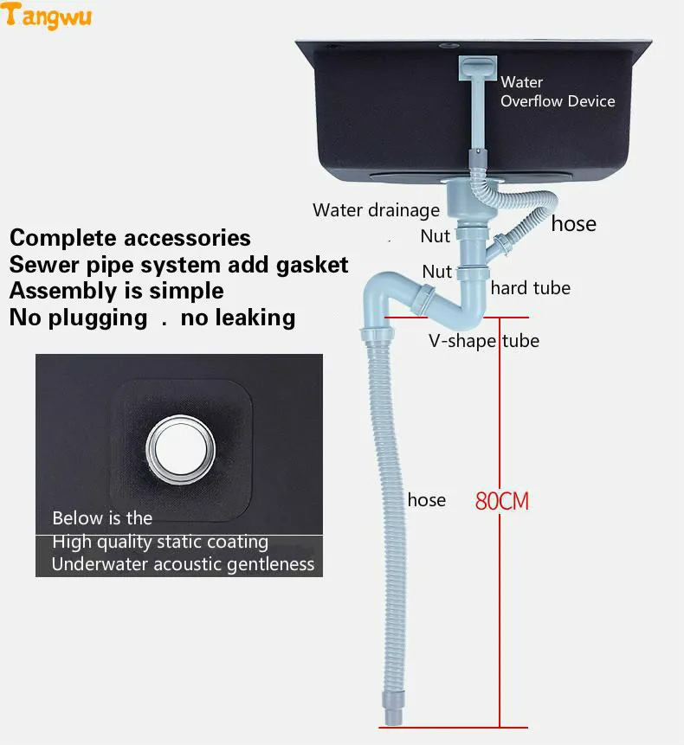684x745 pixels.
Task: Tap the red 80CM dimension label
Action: [x=501, y=500]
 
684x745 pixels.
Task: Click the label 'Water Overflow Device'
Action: [x=557, y=92]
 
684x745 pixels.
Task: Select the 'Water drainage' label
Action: [x=376, y=209]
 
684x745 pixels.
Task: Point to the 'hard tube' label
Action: [x=530, y=288]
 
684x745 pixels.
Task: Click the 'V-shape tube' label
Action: [x=484, y=340]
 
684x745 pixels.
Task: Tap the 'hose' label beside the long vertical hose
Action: [x=427, y=499]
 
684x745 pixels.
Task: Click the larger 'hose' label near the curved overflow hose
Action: [x=573, y=223]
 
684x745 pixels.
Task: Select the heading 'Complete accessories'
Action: [x=130, y=238]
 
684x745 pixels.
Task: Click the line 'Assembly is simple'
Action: [x=116, y=291]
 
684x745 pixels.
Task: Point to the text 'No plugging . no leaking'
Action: [x=152, y=318]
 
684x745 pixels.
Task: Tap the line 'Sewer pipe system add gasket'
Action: [x=178, y=264]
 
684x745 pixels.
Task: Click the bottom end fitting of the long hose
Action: [x=389, y=713]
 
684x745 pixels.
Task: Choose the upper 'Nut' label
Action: [x=436, y=235]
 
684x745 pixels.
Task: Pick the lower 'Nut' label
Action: [x=436, y=271]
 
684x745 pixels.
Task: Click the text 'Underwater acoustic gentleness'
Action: [x=183, y=564]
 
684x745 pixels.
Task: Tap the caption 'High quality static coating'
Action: [x=160, y=542]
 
